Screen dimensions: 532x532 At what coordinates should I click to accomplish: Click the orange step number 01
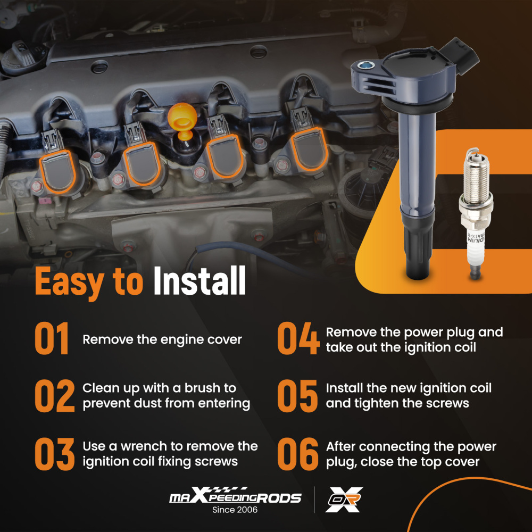coord(52,338)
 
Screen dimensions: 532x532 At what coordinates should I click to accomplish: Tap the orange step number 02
coord(55,396)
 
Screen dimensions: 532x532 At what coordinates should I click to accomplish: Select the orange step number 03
coord(55,454)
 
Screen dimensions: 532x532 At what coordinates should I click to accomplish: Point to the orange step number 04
coord(298,338)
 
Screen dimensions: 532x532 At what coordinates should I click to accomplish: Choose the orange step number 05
coord(297,396)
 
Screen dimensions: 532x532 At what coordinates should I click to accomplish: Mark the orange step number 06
coord(298,454)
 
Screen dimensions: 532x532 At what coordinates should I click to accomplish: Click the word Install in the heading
coord(199,280)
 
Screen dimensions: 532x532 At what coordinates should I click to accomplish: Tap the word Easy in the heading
coord(70,283)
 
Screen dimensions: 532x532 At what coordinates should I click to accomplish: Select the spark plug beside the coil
coord(476,214)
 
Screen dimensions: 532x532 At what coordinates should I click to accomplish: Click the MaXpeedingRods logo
coord(235,495)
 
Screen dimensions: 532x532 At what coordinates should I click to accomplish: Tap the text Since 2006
coord(235,510)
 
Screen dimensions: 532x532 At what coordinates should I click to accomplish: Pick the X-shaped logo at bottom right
coord(344,500)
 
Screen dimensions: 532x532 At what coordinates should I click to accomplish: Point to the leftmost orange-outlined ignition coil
coord(57,171)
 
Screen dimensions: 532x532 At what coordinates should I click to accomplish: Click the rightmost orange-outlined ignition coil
coord(309,149)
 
